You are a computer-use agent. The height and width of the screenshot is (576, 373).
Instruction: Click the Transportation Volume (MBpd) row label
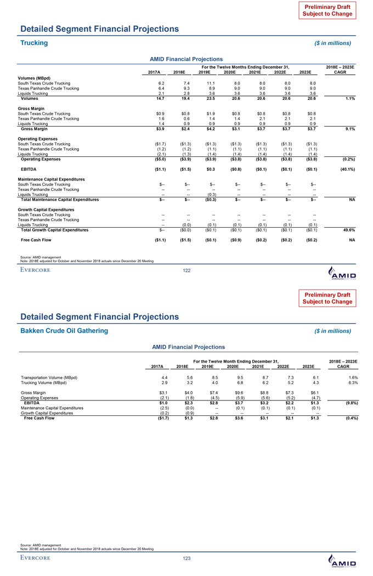(49, 377)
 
